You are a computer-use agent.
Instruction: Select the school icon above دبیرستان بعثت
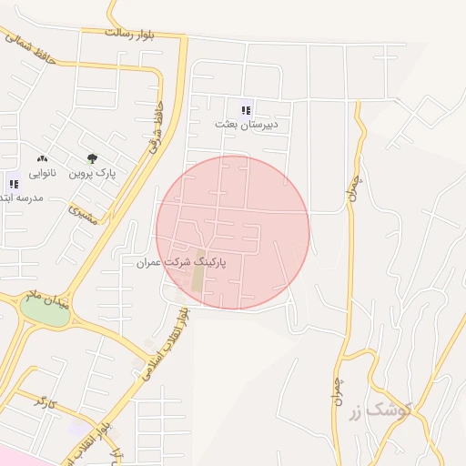coord(245,109)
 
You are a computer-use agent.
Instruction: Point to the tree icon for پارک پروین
coord(91,158)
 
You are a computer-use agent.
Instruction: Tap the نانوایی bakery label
coord(42,173)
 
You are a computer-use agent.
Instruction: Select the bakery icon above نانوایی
coord(42,159)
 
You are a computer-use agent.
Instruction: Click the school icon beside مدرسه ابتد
coord(12,180)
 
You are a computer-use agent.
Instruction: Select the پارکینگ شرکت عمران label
coord(180,261)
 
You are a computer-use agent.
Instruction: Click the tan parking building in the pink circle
coord(198,271)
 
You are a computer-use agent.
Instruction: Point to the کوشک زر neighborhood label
coord(378,410)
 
